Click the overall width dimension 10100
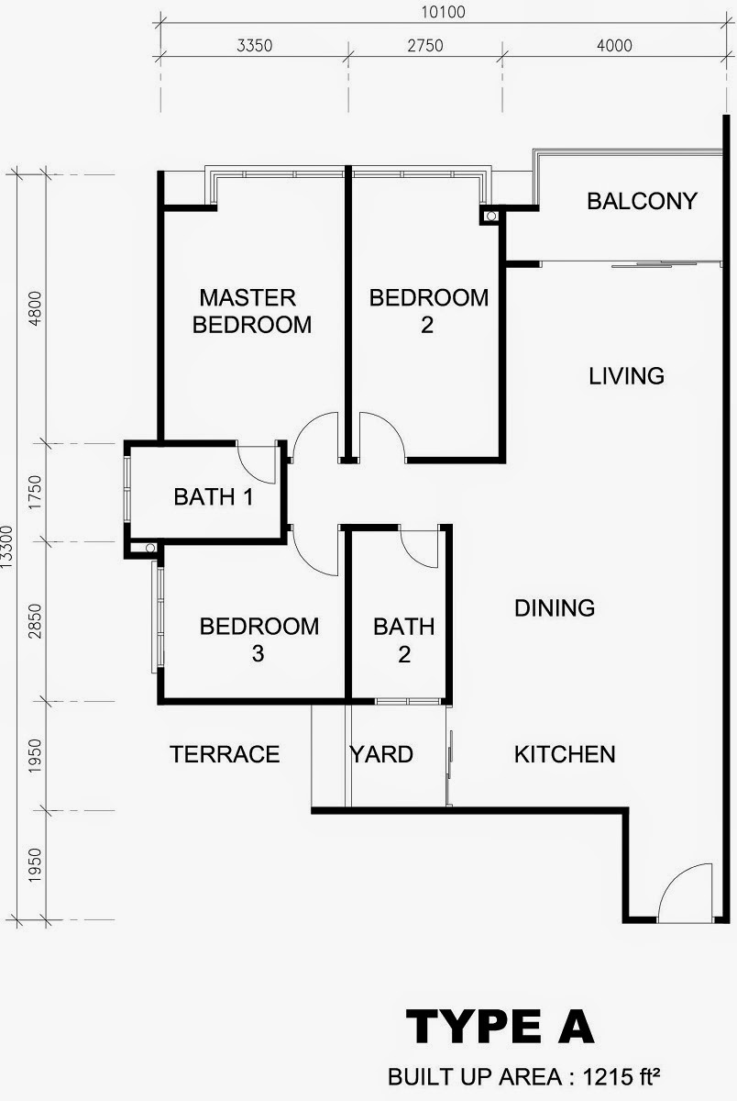(443, 12)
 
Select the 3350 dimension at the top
(254, 46)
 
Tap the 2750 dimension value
(425, 46)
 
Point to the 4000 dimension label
(614, 46)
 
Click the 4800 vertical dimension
(36, 308)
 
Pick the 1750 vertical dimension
(36, 492)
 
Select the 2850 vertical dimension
(36, 621)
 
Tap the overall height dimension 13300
(6, 547)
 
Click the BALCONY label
(643, 201)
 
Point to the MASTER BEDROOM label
(252, 311)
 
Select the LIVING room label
(626, 376)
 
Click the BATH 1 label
(214, 497)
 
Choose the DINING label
(555, 608)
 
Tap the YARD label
(381, 754)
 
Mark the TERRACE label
(225, 754)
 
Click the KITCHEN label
(565, 754)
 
